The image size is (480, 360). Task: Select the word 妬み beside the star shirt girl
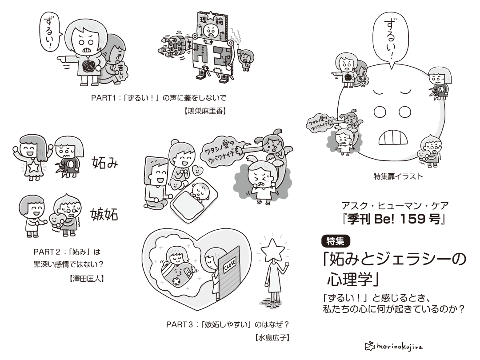tap(105, 163)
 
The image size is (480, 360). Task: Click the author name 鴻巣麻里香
tap(205, 111)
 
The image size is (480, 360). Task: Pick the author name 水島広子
tap(273, 337)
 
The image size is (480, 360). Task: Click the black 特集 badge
tap(336, 241)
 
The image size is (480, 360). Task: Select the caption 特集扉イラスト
tap(398, 176)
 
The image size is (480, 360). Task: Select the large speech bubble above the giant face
tap(392, 36)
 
